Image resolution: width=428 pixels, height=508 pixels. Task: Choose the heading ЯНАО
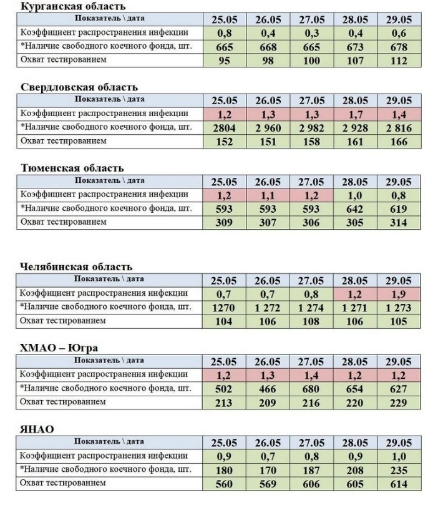tap(37, 429)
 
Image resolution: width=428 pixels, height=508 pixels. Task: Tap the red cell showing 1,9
tap(398, 294)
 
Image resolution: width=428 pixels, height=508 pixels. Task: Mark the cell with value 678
tap(398, 47)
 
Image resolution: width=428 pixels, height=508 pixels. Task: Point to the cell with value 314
tap(398, 223)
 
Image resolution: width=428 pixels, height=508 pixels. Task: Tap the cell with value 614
tap(398, 484)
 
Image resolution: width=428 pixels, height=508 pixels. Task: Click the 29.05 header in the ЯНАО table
tap(398, 443)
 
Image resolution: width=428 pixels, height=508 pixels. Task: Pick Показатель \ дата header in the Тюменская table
tap(110, 181)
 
